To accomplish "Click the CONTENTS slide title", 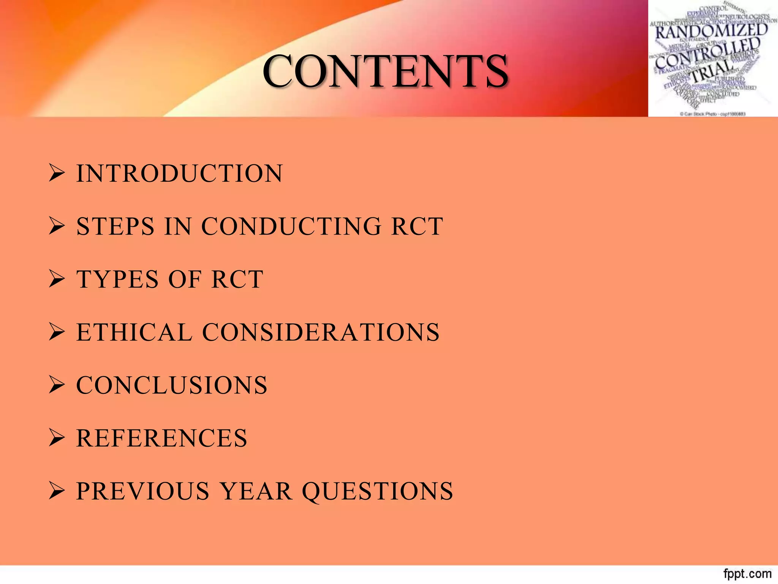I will pyautogui.click(x=385, y=71).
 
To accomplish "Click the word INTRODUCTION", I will pyautogui.click(x=180, y=174).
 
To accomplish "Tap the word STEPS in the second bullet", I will pyautogui.click(x=115, y=227).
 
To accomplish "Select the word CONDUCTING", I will pyautogui.click(x=291, y=227).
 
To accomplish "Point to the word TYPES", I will pyautogui.click(x=117, y=279).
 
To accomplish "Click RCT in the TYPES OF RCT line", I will pyautogui.click(x=237, y=279).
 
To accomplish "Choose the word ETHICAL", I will pyautogui.click(x=134, y=332).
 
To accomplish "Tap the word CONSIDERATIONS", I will pyautogui.click(x=321, y=332).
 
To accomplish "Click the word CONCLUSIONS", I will pyautogui.click(x=172, y=385).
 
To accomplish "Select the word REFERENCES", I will pyautogui.click(x=162, y=438).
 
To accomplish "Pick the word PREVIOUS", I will pyautogui.click(x=143, y=491).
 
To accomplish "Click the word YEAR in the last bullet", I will pyautogui.click(x=256, y=491).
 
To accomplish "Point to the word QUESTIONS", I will pyautogui.click(x=378, y=491).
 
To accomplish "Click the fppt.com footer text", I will pyautogui.click(x=747, y=573).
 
